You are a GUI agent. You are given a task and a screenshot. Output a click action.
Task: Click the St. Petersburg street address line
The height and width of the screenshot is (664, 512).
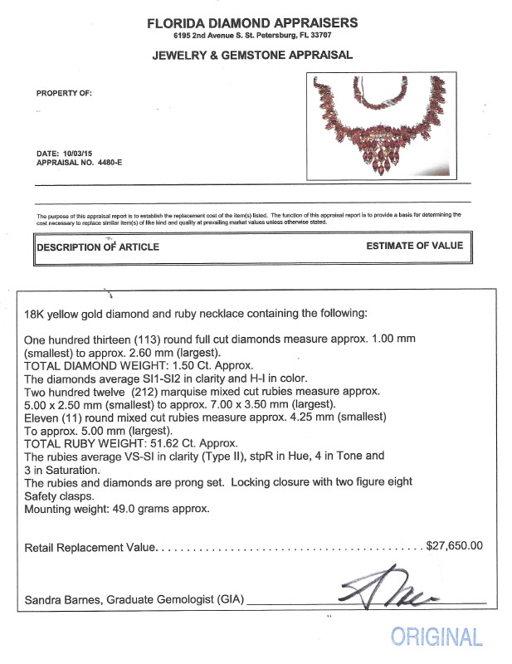252,38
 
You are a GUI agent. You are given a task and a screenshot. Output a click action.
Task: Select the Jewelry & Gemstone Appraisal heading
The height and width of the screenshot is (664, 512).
252,56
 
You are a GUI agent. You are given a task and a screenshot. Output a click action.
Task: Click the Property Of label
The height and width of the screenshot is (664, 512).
64,93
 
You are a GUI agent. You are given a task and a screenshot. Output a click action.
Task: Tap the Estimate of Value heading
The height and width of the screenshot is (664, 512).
414,246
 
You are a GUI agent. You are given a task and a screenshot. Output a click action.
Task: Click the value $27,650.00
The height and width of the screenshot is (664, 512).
454,546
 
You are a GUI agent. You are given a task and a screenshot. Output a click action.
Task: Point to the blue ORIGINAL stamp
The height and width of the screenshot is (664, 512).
436,637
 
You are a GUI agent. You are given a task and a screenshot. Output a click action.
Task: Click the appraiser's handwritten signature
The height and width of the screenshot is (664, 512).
387,591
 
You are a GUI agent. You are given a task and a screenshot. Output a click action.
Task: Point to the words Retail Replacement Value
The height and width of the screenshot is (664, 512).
90,547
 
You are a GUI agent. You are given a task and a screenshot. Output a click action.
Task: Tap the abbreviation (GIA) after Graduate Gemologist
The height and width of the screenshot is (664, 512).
226,598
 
